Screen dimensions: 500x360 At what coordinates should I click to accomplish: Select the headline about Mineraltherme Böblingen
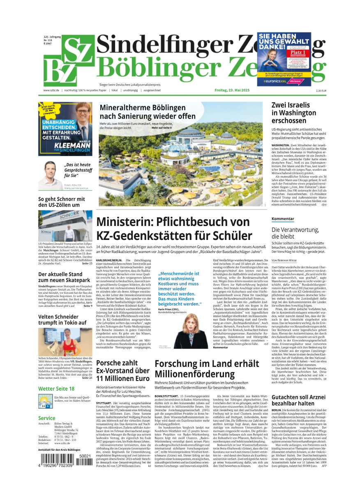(147, 112)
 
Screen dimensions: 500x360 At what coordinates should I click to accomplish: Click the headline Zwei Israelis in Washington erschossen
(293, 113)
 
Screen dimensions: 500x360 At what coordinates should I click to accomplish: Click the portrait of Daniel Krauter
(50, 174)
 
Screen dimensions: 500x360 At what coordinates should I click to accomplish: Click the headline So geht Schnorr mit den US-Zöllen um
(62, 202)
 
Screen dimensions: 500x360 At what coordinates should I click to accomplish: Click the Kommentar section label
(283, 219)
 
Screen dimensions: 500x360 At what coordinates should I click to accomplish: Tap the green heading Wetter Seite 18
(56, 388)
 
